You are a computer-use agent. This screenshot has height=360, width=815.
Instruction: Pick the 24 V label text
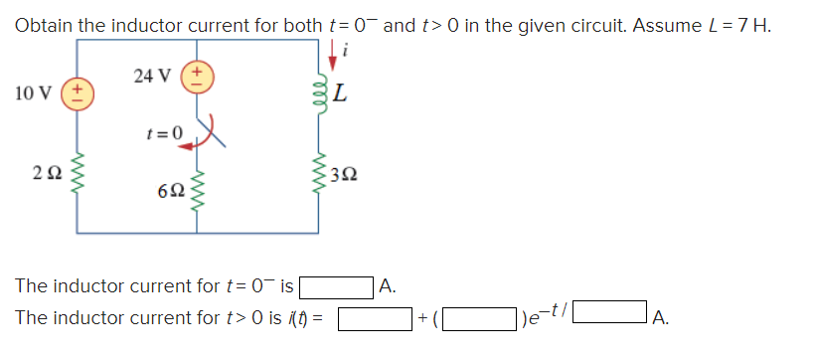pos(151,75)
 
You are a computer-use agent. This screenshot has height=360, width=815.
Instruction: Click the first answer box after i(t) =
pos(375,320)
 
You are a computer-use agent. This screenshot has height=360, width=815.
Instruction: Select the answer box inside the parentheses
pos(481,320)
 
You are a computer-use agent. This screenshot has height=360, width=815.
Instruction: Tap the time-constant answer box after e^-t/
pos(612,320)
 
